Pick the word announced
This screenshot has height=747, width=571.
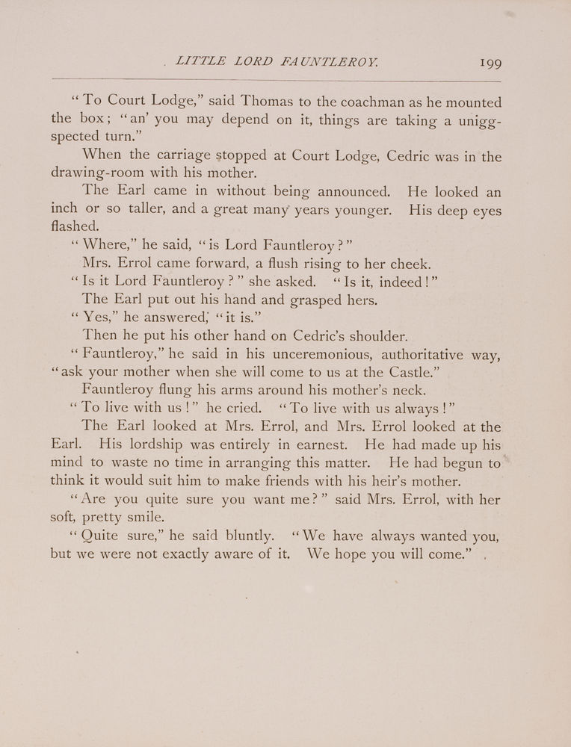coord(349,193)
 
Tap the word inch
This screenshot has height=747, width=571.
coord(65,211)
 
